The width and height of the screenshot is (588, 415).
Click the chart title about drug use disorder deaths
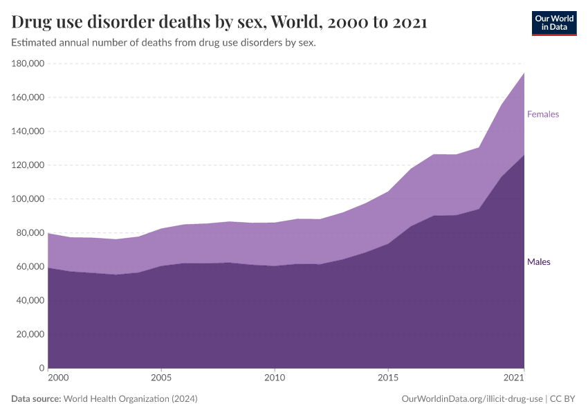click(x=219, y=22)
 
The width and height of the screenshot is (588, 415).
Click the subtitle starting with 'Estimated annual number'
click(x=164, y=43)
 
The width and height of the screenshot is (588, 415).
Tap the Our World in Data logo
click(x=553, y=23)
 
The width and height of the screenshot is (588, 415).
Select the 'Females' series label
click(x=542, y=114)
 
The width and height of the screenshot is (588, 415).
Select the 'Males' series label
click(x=538, y=262)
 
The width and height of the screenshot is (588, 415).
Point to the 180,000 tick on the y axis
click(x=28, y=64)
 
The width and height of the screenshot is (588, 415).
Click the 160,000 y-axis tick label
click(x=28, y=98)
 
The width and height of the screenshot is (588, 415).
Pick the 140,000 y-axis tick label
click(x=28, y=131)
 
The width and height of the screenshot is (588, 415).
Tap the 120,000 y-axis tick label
click(x=28, y=165)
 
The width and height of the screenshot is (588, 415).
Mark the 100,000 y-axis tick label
click(x=28, y=199)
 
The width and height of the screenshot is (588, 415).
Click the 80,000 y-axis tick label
click(x=30, y=233)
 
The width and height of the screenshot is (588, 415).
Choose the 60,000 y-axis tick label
click(x=30, y=267)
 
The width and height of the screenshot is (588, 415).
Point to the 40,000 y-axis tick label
click(x=30, y=301)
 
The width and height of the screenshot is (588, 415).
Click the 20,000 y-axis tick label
click(x=30, y=334)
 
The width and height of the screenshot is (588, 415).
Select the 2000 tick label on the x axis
click(x=58, y=378)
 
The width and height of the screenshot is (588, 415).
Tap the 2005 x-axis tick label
click(x=161, y=378)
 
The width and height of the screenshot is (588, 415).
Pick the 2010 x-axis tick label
click(x=275, y=378)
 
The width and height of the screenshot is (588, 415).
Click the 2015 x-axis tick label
click(x=388, y=378)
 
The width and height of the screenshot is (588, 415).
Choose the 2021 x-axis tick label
click(x=513, y=378)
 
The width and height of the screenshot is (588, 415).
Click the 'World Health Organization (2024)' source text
click(x=130, y=399)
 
